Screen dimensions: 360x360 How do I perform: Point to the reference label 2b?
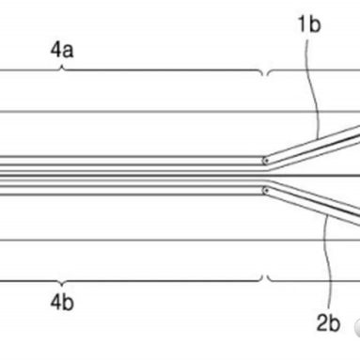click(328, 324)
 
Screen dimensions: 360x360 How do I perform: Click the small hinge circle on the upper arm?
click(266, 159)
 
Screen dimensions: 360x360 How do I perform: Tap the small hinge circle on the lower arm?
click(266, 190)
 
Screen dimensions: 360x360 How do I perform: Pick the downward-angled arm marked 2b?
click(315, 206)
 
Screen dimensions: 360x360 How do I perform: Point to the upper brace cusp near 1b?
click(268, 76)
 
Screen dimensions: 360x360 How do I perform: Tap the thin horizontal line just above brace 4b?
click(141, 239)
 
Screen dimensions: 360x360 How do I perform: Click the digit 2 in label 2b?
click(322, 324)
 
